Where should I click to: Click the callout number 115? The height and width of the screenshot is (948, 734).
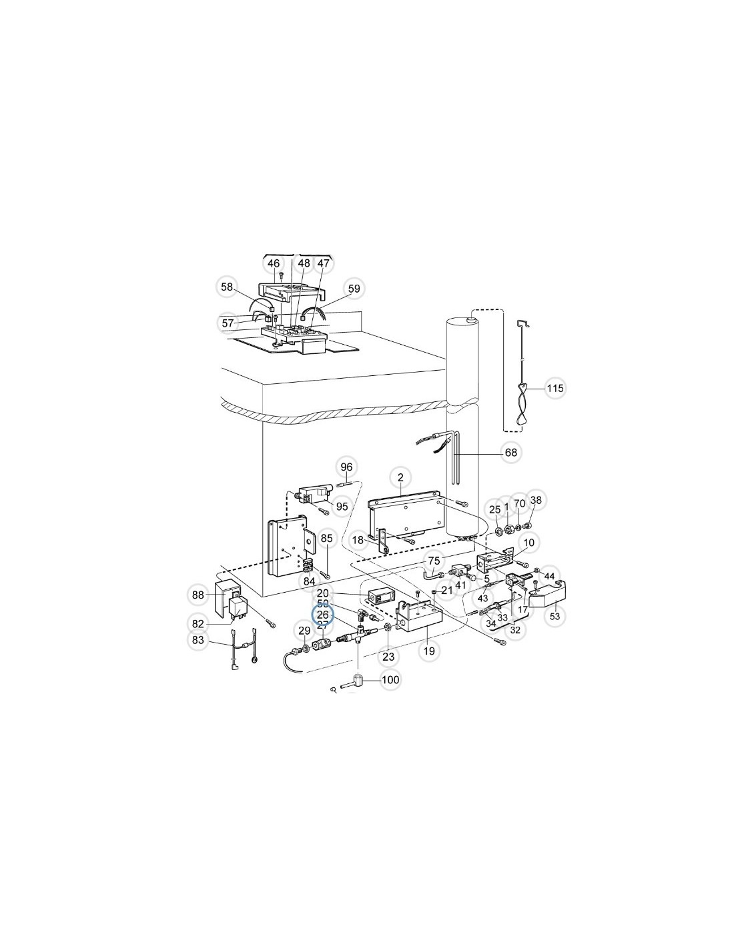(x=555, y=388)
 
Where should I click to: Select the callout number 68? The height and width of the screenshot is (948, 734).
(x=510, y=453)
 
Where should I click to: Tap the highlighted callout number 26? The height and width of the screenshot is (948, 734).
(x=322, y=615)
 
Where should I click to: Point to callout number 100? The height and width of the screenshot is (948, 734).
(x=390, y=680)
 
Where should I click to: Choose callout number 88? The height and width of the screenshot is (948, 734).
(x=198, y=595)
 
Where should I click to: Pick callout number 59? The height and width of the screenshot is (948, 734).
(x=354, y=289)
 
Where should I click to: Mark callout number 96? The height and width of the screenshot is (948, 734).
(x=346, y=467)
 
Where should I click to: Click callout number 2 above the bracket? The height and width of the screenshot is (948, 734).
(x=400, y=478)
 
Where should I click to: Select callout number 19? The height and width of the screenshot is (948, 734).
(x=429, y=651)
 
